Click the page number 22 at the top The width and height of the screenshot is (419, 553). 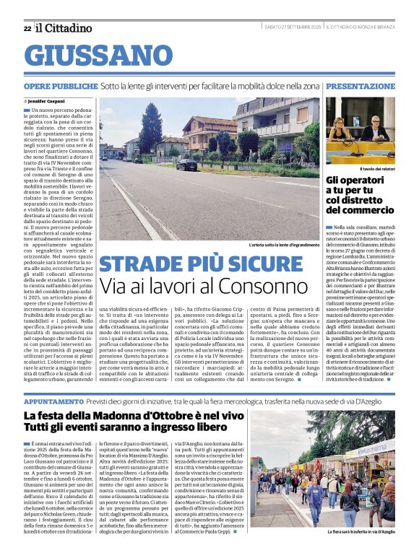tap(27, 28)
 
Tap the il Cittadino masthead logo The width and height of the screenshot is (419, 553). tap(64, 28)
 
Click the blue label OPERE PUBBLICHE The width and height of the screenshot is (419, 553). tap(60, 86)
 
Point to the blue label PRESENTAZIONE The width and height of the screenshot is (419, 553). tap(360, 86)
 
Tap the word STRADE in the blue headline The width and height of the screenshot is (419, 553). tap(140, 265)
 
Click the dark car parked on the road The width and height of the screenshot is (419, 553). tap(187, 164)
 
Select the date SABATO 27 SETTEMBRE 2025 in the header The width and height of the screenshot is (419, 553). tap(292, 27)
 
